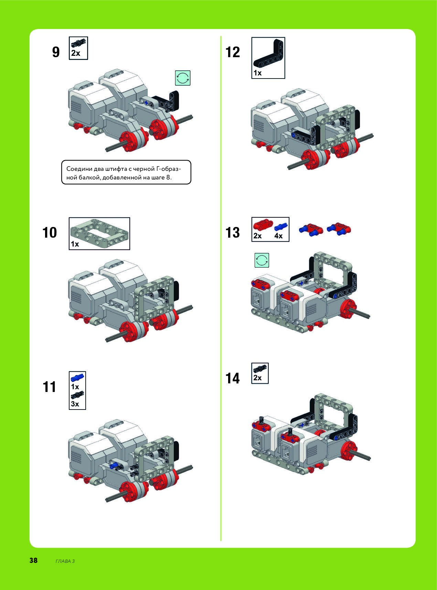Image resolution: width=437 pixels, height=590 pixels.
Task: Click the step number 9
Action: (x=56, y=52)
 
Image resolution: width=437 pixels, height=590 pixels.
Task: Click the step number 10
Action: (x=50, y=233)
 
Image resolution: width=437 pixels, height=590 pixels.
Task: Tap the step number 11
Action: (x=50, y=387)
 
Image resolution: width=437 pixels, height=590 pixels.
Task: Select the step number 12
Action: (x=233, y=52)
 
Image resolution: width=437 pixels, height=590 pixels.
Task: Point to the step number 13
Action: (x=233, y=233)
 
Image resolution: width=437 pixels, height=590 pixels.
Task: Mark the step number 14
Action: (x=233, y=379)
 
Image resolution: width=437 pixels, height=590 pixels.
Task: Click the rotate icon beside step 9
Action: (x=183, y=78)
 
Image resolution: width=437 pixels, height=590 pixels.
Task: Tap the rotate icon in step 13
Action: (x=262, y=260)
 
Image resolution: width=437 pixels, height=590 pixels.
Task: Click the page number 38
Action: (x=33, y=560)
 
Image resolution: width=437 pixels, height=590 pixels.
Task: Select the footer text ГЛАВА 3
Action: (x=65, y=561)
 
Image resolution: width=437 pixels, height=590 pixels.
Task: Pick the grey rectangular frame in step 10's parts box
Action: (x=99, y=230)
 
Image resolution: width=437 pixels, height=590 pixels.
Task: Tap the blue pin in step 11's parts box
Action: (x=77, y=377)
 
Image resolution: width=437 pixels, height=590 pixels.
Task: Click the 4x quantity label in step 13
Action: (x=278, y=236)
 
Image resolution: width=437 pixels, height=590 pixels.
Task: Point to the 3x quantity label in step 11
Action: (x=75, y=404)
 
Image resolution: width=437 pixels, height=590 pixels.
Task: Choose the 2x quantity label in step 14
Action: (x=257, y=378)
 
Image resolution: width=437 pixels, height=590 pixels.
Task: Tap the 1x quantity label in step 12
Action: (x=257, y=73)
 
